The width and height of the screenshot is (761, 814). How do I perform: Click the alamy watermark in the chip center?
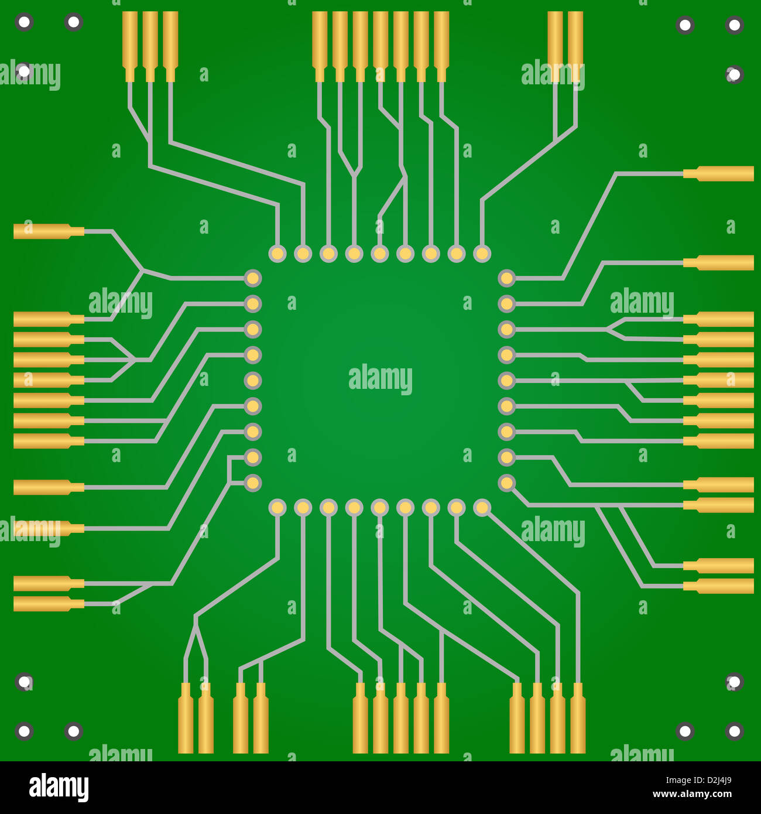[380, 379]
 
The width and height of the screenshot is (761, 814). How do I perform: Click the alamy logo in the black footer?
[59, 787]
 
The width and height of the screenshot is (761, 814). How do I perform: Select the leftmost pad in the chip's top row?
[277, 254]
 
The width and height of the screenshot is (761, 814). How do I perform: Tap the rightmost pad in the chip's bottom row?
[482, 508]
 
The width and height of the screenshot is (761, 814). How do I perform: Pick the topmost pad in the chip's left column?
[252, 278]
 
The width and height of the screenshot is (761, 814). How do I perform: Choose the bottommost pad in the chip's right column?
[506, 483]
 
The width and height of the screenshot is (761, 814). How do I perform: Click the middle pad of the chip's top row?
[380, 254]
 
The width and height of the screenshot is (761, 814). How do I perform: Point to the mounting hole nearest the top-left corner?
[24, 23]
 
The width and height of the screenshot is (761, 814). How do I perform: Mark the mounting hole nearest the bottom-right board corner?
[734, 731]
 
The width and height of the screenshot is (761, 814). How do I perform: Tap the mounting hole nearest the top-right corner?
[734, 25]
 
